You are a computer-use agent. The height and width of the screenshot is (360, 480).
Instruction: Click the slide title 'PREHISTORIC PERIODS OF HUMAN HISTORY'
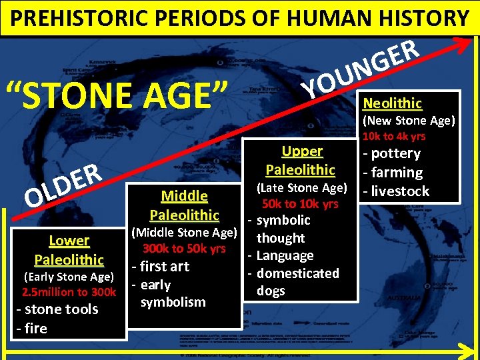(x=240, y=17)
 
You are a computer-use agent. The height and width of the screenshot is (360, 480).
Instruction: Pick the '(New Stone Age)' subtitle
(x=408, y=121)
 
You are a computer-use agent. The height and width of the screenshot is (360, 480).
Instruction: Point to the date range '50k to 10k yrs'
(x=300, y=203)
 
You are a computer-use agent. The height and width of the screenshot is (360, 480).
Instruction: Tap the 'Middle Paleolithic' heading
(x=184, y=205)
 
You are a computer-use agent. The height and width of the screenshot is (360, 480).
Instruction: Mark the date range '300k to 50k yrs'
(x=184, y=249)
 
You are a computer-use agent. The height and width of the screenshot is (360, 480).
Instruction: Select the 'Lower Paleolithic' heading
(x=69, y=249)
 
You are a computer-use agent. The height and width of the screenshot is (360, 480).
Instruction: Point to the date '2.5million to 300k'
(x=69, y=292)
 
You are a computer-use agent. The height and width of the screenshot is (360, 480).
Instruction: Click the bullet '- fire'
(x=31, y=328)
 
